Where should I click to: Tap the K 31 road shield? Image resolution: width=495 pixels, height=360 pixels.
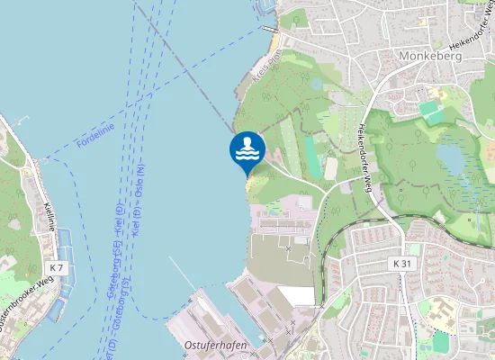point(401,263)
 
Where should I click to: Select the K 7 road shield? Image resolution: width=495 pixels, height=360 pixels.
point(57,268)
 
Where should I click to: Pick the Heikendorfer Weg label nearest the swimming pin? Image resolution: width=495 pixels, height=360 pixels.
point(365,158)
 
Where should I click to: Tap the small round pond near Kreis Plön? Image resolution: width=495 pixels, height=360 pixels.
point(317,83)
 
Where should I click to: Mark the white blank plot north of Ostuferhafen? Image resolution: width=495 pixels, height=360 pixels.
point(295,295)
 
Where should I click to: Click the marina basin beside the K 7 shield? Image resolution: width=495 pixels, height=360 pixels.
point(59,306)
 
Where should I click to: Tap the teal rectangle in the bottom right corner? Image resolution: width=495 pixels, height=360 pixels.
point(441,343)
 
